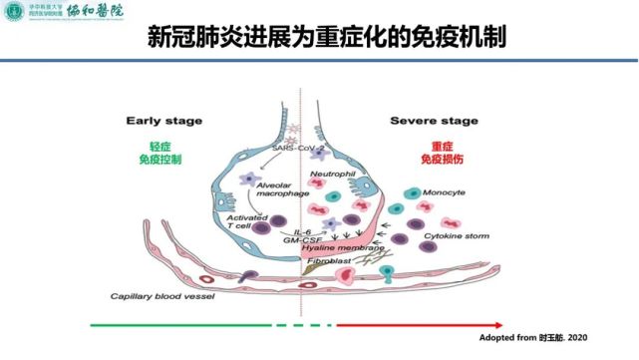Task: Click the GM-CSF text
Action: click(302, 239)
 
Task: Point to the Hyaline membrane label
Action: click(345, 248)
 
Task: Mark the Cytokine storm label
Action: click(454, 236)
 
